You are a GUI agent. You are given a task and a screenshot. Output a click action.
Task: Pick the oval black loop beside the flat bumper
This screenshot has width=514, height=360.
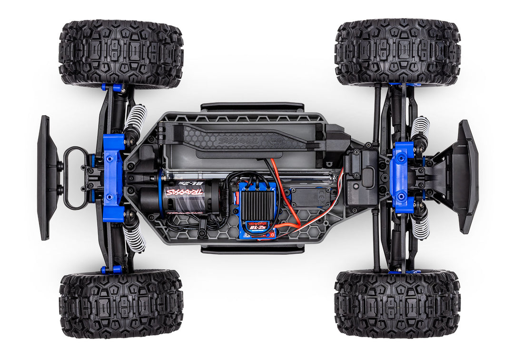[75, 178]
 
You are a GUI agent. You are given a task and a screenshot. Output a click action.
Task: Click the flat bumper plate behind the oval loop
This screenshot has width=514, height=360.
[46, 178]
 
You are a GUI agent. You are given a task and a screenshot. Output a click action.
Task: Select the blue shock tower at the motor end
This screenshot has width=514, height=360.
[113, 178]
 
